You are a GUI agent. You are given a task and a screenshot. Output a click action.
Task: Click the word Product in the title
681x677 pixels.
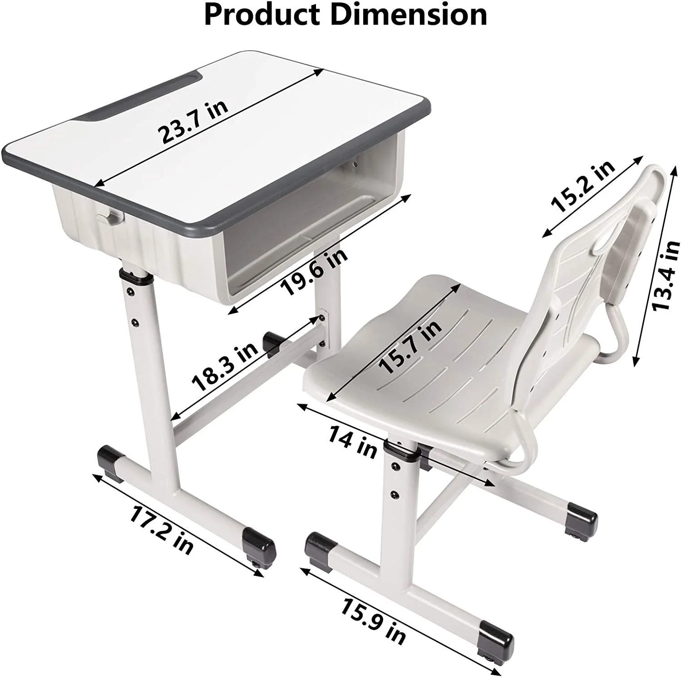pos(263,15)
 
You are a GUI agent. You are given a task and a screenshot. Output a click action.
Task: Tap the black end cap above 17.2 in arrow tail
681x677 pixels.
pos(110,462)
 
